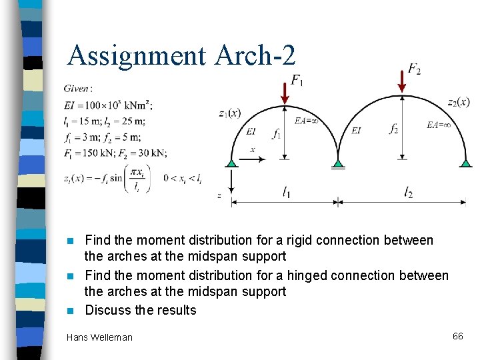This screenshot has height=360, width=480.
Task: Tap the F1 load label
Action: [x=296, y=81]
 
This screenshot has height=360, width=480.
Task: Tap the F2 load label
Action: [x=414, y=69]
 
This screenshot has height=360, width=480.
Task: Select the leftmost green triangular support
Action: [x=231, y=162]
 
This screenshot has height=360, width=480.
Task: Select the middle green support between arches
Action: [x=339, y=162]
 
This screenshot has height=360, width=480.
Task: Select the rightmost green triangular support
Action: [x=465, y=162]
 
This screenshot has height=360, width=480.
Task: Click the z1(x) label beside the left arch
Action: [x=230, y=113]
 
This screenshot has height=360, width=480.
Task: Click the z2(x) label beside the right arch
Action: [x=458, y=102]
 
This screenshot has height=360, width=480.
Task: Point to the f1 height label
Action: [x=276, y=133]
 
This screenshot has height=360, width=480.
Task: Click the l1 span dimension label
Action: [x=285, y=193]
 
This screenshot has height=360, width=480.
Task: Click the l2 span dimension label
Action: [x=408, y=193]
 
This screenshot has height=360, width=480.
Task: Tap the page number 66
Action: [x=457, y=336]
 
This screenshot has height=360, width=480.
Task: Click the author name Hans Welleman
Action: [x=99, y=337]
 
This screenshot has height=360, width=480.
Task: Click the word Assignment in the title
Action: [x=137, y=55]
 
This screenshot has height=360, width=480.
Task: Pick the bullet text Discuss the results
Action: [x=141, y=310]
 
